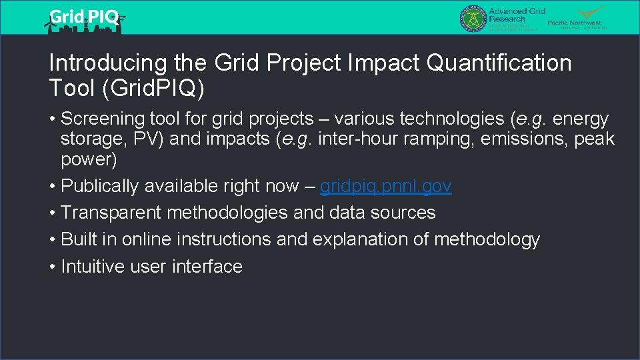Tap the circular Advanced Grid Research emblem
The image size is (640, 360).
tap(473, 18)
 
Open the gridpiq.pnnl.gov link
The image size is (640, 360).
tap(385, 186)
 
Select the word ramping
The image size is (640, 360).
tap(423, 140)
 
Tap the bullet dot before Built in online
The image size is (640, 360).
tap(53, 239)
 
